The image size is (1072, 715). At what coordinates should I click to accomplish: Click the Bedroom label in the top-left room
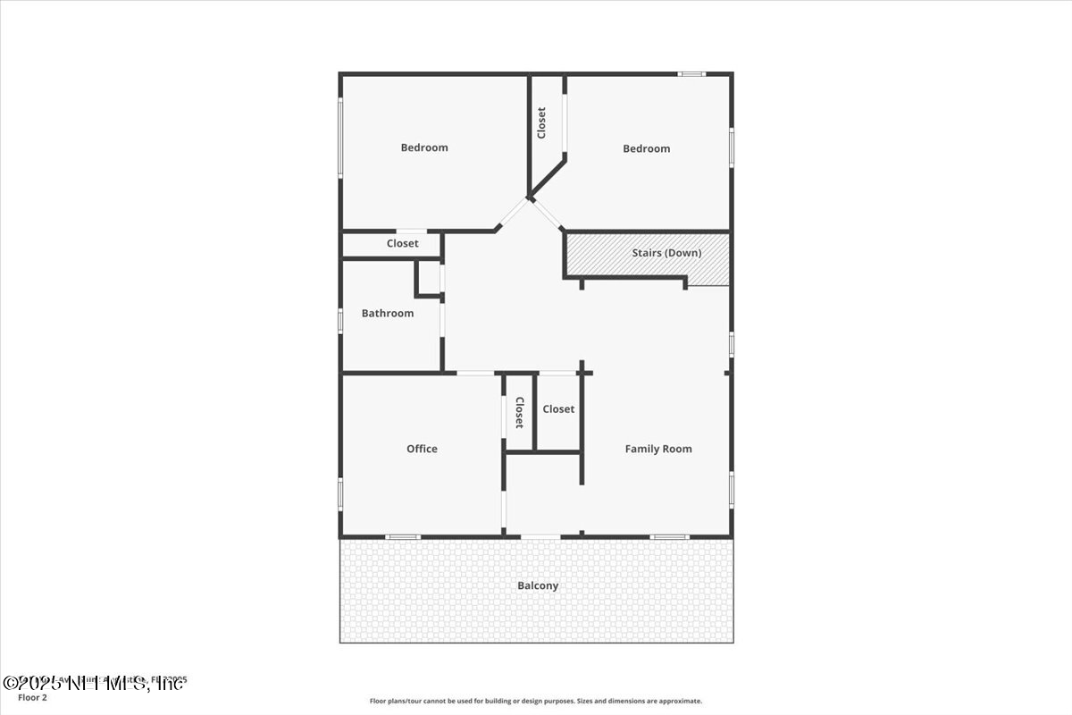click(x=424, y=147)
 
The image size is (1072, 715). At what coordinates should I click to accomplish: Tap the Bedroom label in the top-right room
click(x=646, y=148)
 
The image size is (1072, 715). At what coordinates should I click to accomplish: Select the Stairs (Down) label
click(x=666, y=253)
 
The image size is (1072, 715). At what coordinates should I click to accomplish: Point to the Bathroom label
click(x=388, y=313)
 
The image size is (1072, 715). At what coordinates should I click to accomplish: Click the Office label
click(x=422, y=449)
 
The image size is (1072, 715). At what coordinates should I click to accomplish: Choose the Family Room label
click(x=658, y=449)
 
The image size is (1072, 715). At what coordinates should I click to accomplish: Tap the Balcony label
click(x=538, y=585)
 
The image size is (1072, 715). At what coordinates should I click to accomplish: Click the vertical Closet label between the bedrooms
click(x=541, y=123)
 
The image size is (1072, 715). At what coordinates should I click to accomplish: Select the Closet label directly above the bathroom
click(x=402, y=243)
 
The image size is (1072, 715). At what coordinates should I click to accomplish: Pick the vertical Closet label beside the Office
click(x=519, y=412)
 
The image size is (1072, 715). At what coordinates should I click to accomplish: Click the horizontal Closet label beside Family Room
click(x=558, y=408)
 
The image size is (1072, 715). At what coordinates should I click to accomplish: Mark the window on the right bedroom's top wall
click(x=691, y=73)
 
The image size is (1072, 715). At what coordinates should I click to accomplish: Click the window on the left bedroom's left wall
click(x=339, y=136)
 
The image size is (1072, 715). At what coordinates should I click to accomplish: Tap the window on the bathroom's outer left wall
click(x=339, y=320)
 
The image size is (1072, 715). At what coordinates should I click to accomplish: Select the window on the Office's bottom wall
click(x=402, y=536)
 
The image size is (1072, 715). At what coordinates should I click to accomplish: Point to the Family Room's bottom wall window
click(x=669, y=536)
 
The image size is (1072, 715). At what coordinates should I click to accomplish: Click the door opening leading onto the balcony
click(x=540, y=536)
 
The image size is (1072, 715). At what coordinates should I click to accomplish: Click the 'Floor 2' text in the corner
click(x=32, y=697)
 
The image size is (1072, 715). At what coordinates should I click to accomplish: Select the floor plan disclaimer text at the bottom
click(x=536, y=701)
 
